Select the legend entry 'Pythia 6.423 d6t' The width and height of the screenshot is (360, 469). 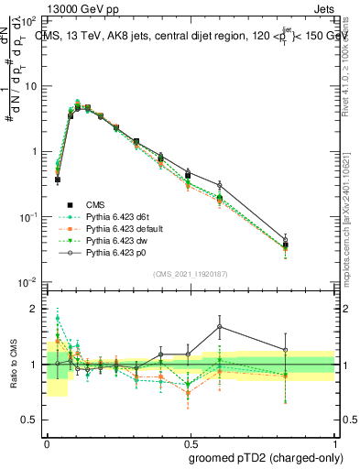pos(119,215)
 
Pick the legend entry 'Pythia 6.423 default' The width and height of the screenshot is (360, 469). pos(125,227)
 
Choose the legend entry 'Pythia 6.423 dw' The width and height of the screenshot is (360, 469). pos(118,239)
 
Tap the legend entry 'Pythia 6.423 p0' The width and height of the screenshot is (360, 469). pos(118,251)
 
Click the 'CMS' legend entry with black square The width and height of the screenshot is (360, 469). pos(96,203)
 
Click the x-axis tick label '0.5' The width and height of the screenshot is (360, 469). pos(190,442)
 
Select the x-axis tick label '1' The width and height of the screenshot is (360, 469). pos(333,442)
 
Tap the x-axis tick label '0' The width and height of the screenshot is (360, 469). pos(47,442)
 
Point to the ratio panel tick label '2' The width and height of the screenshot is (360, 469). pos(35,309)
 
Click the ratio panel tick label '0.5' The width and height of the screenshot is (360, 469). pos(29,420)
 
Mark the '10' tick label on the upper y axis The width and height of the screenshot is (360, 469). pos(30,86)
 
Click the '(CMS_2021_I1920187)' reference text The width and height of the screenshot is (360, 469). pos(190,273)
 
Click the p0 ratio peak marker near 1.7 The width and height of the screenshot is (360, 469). pos(220,326)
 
